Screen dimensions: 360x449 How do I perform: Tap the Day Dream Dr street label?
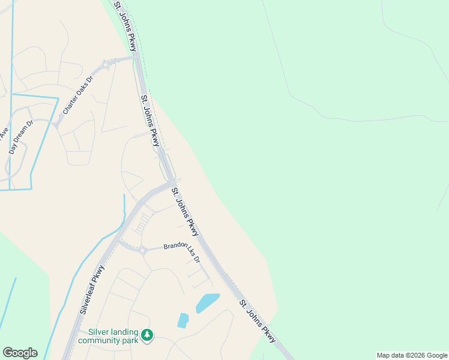19,139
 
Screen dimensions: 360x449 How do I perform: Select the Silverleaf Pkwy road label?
91,291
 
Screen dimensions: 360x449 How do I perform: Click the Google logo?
20,353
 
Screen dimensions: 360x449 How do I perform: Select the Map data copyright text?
411,355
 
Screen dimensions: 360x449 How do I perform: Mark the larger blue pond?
207,302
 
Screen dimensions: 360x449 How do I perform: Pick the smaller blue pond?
183,320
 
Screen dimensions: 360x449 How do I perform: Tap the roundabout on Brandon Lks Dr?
143,251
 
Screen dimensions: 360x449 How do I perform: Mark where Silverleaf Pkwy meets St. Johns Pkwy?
173,182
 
